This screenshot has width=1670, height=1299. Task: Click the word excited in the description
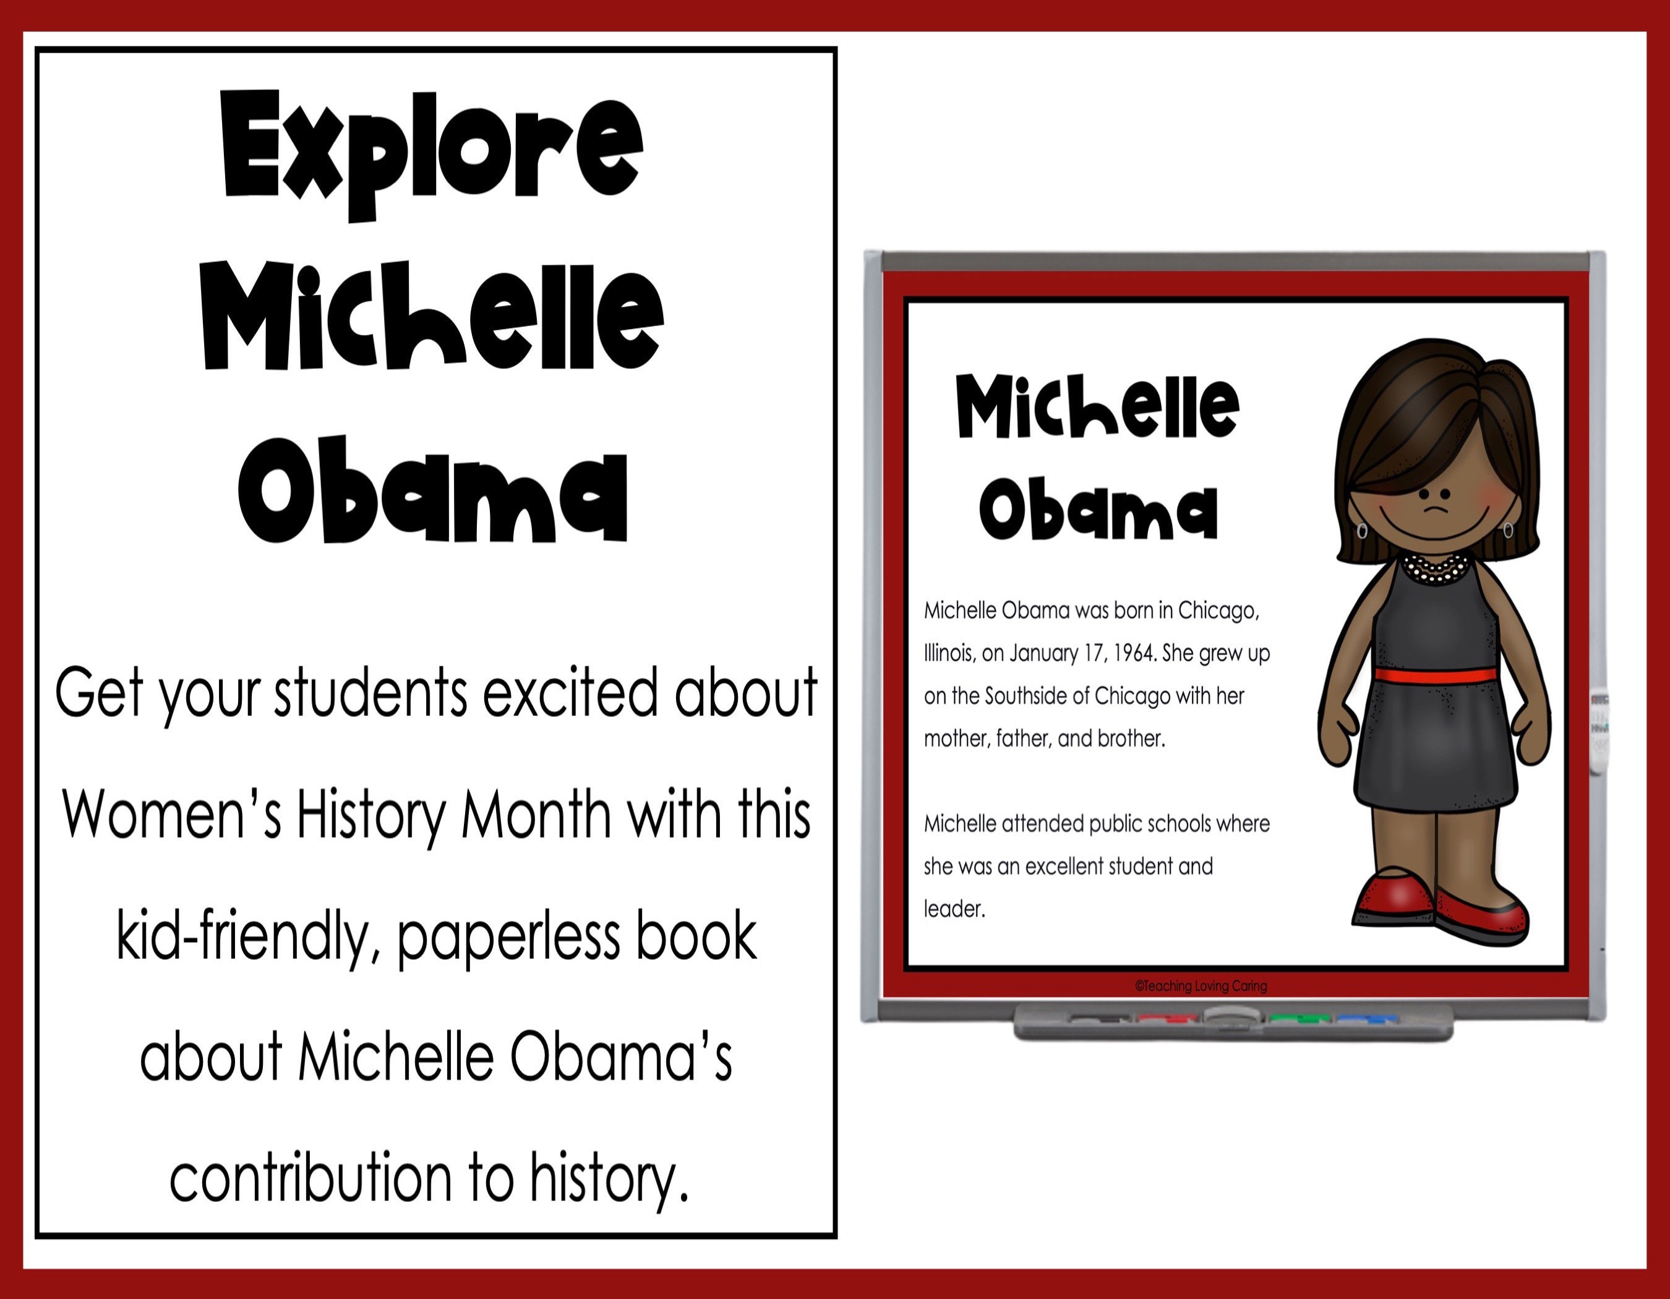click(570, 693)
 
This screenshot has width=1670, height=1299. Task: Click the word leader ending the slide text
click(954, 909)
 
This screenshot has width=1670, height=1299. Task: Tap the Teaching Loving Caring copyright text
click(1201, 986)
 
